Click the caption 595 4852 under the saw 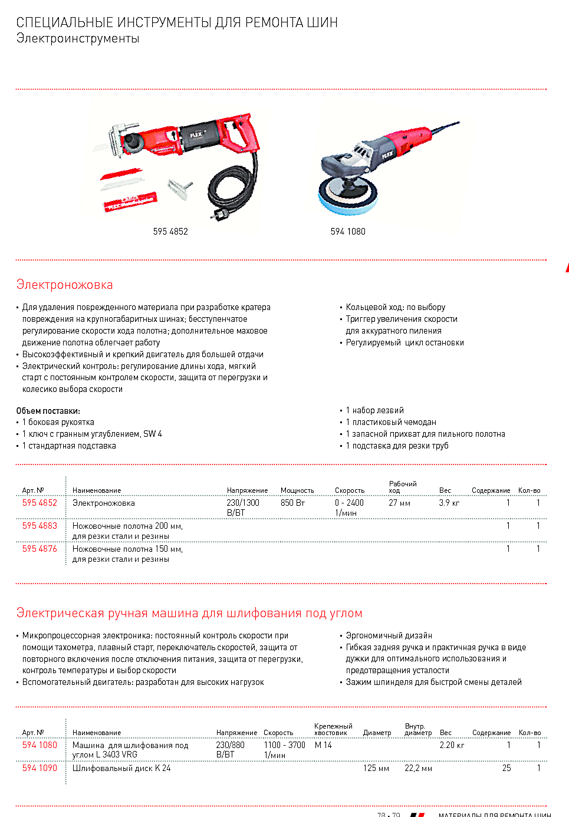[170, 232]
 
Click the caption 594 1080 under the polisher [348, 232]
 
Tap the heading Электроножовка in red [64, 285]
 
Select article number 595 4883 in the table [40, 526]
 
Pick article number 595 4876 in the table [40, 549]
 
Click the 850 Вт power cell [292, 503]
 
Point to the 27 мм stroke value [399, 503]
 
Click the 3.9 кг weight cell [449, 503]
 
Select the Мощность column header [297, 490]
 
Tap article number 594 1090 [40, 768]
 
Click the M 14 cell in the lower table [323, 745]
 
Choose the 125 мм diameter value [376, 768]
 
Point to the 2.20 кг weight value [452, 745]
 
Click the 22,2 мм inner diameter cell [418, 768]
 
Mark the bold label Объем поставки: [48, 411]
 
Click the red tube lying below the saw [130, 202]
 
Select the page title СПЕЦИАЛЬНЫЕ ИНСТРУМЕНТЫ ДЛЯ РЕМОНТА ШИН [177, 22]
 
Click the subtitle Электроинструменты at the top [78, 38]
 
